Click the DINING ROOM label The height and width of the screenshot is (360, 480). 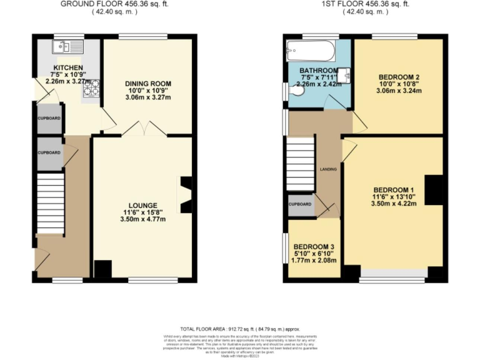pyautogui.click(x=147, y=84)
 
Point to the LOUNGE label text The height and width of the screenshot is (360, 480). pyautogui.click(x=144, y=205)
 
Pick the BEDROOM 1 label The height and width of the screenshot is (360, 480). pyautogui.click(x=394, y=189)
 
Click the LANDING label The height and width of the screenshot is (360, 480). pyautogui.click(x=329, y=169)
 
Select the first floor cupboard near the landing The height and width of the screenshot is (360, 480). pyautogui.click(x=300, y=204)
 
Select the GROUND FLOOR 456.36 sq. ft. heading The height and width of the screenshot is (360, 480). pyautogui.click(x=114, y=4)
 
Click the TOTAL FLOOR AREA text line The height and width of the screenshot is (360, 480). pyautogui.click(x=240, y=329)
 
